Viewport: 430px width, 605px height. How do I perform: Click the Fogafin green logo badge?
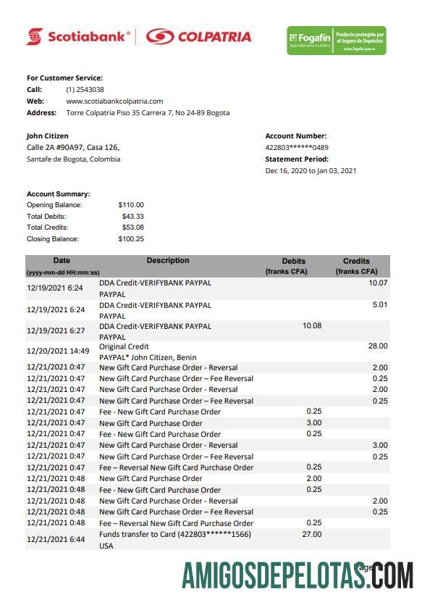click(x=336, y=41)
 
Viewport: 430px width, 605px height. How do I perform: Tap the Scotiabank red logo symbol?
click(x=35, y=36)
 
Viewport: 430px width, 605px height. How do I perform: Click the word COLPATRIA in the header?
click(x=214, y=36)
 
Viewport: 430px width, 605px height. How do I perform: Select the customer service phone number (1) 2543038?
click(x=84, y=89)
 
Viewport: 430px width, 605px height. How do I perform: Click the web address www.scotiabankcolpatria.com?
click(x=114, y=101)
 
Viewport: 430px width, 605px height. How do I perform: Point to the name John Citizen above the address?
click(x=48, y=135)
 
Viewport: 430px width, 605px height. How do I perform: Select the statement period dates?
click(x=311, y=171)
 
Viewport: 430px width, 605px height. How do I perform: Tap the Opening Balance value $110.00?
click(x=131, y=205)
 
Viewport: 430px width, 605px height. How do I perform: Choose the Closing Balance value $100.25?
click(x=131, y=238)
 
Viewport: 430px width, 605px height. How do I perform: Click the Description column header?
click(x=167, y=261)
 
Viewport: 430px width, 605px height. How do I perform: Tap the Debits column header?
click(x=293, y=261)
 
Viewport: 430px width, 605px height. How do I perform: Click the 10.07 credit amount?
click(x=378, y=283)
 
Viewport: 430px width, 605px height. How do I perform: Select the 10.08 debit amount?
click(x=311, y=325)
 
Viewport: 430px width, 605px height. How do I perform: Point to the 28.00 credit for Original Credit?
click(x=378, y=346)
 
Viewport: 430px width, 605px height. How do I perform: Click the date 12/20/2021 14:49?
click(x=57, y=351)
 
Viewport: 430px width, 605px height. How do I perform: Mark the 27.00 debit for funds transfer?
click(x=311, y=533)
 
